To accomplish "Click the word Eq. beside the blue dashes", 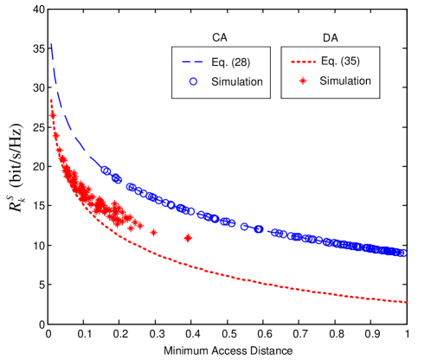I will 217,61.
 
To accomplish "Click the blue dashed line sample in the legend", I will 193,62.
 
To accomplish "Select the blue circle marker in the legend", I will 193,81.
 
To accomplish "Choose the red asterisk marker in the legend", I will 302,80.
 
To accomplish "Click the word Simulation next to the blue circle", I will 235,81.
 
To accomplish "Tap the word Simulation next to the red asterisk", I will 345,80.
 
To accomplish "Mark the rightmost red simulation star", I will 188,238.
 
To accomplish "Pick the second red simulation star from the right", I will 154,232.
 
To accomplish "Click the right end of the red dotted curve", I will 407,302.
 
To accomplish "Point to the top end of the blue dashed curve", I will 51,43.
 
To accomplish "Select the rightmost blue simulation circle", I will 403,253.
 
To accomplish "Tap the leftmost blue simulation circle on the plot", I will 106,170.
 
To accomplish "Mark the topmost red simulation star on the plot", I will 53,114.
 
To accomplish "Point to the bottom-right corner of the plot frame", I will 407,323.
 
